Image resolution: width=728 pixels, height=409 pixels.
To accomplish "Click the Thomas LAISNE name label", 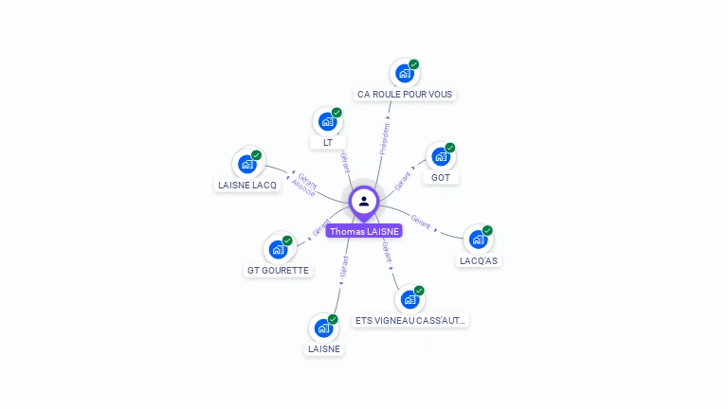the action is coord(364,231).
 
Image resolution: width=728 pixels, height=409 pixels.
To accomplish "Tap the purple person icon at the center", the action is coord(364,201).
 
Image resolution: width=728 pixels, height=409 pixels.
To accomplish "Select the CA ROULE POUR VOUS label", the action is coord(405,94).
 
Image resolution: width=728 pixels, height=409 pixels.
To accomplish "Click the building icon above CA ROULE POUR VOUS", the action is coord(405,74).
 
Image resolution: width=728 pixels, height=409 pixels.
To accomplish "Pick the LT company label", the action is coord(327,142).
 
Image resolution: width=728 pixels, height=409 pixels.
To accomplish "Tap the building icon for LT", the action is coord(327,121).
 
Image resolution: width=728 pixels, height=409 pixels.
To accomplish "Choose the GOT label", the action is coord(441,177).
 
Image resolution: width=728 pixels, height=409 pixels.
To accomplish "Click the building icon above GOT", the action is coord(441,157).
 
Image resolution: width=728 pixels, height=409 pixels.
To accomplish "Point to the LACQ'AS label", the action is coord(478,259).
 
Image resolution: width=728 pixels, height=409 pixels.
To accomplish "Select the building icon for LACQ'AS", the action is coord(478,240).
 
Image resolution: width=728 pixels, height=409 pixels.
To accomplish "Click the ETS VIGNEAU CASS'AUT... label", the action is coord(409,320).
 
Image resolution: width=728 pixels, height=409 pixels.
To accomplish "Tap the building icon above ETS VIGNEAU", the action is coord(409,299).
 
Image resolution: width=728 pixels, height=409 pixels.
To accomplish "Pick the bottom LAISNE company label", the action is coord(323,348).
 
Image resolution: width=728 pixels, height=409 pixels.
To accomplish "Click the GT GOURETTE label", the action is coord(278,270).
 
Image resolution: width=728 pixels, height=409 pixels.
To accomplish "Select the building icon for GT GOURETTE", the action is coord(278,249).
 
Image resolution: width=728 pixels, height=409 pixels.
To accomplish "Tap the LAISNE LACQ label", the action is coord(247,185).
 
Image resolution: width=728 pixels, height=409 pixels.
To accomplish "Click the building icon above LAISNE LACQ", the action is coord(247,164).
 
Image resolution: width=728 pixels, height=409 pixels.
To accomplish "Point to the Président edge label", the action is coord(384,138).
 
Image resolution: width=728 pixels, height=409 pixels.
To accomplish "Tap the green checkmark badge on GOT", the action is coord(450,148).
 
